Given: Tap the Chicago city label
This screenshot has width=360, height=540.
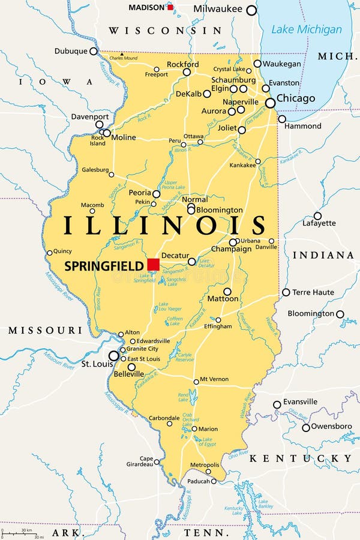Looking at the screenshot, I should point(295,98).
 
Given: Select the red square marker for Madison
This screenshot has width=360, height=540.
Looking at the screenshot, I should point(170,7).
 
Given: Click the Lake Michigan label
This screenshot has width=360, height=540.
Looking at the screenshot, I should point(306,29).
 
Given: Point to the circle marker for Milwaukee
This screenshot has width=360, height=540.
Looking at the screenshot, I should point(251,10).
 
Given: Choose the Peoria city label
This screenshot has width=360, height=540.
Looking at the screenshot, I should point(140,193).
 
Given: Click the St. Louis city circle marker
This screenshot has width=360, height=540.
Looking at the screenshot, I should point(113,356).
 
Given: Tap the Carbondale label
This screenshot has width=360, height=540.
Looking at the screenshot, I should point(164,418).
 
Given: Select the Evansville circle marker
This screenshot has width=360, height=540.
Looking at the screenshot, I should point(277,405).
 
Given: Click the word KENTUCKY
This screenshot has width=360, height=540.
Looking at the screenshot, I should point(300,458).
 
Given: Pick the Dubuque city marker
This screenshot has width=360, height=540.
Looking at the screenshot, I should point(94,52).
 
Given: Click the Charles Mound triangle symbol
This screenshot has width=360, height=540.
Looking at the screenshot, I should point(121,54).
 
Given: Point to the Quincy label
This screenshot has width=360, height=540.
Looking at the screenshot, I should point(62,251).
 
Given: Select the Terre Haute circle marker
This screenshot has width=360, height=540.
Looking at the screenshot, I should point(286,292).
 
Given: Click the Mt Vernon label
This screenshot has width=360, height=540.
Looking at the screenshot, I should point(214,379).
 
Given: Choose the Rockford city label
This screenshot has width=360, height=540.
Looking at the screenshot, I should point(183,64).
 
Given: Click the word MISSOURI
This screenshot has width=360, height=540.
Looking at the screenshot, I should point(45,331).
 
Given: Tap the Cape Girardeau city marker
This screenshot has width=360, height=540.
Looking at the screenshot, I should point(157,461).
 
